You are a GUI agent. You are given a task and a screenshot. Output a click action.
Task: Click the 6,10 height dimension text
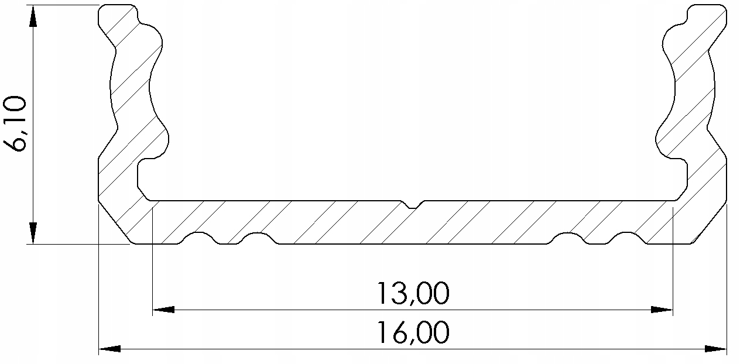pos(15,124)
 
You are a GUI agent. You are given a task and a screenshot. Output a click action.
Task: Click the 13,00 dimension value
pos(413,293)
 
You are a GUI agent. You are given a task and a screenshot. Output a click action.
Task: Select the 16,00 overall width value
pos(413,333)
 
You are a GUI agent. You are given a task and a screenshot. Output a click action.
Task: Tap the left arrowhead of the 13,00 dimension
pos(163,309)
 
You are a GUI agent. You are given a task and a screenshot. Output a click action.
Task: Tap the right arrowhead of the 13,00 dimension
pos(662,309)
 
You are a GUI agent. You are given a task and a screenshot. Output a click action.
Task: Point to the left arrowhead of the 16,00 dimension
pos(109,349)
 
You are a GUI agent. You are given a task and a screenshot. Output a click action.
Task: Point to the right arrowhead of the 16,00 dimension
pos(715,349)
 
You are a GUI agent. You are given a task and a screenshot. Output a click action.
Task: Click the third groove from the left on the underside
pos(568,238)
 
